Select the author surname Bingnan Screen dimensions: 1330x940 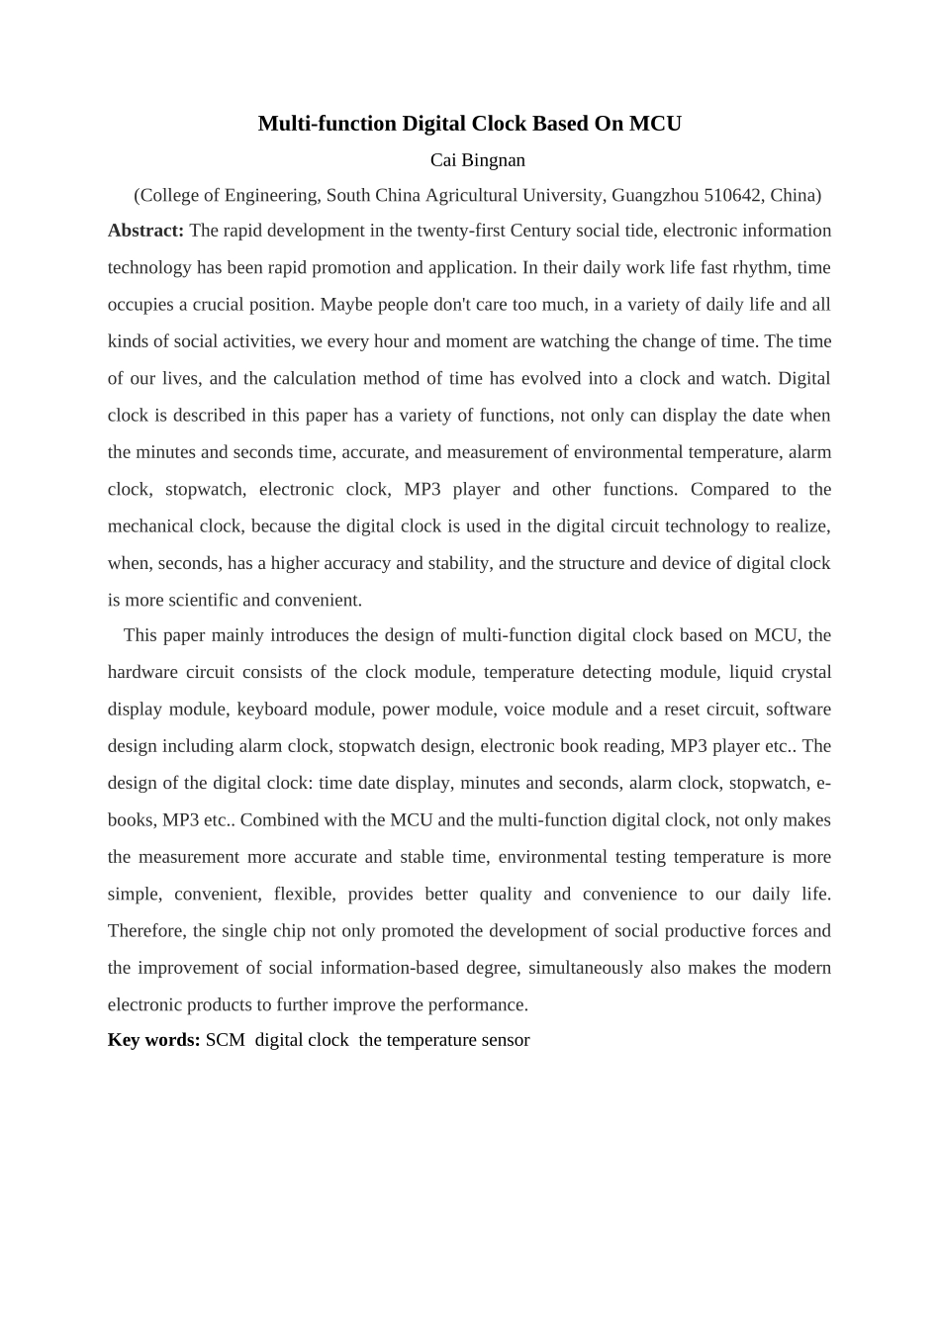click(x=492, y=160)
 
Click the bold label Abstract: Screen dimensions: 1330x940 click(x=145, y=231)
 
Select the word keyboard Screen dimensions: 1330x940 click(x=272, y=710)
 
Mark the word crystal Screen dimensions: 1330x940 click(x=806, y=672)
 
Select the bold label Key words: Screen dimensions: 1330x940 click(x=153, y=1040)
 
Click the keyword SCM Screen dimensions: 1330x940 click(x=225, y=1040)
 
